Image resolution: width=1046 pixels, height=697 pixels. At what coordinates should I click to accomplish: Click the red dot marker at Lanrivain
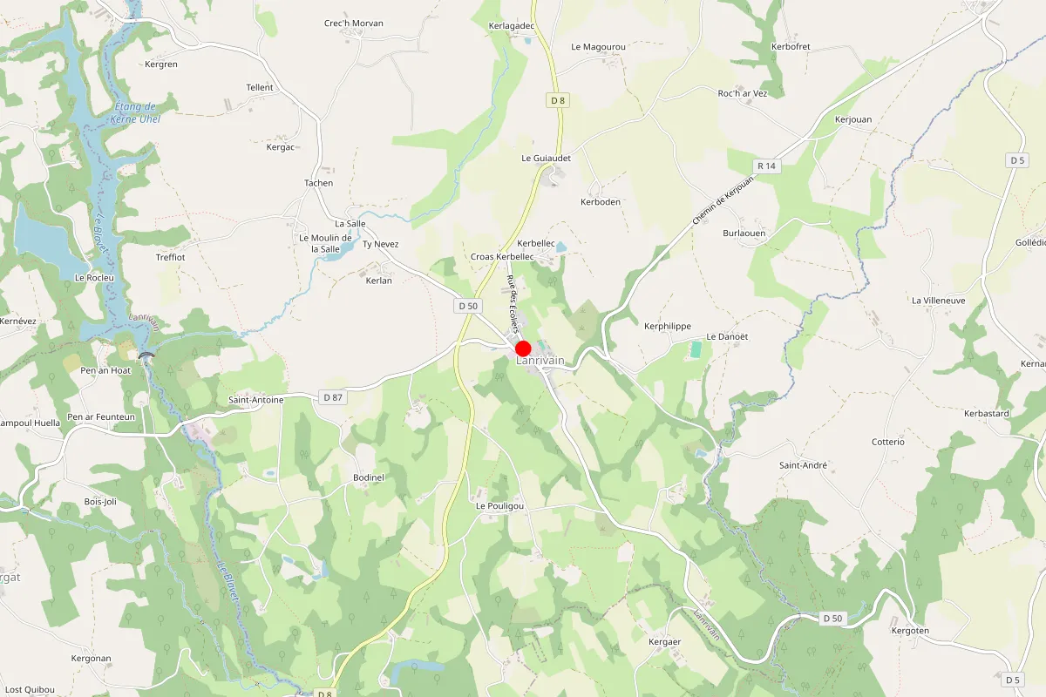(524, 348)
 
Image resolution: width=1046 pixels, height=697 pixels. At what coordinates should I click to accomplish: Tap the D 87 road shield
(332, 397)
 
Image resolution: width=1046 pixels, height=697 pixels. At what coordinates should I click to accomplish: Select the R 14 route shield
(766, 166)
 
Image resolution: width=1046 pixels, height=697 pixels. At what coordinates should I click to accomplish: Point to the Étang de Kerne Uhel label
(137, 112)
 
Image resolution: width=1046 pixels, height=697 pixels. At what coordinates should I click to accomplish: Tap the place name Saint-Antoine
(255, 400)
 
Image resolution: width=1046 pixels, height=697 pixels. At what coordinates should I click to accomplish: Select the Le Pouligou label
(499, 506)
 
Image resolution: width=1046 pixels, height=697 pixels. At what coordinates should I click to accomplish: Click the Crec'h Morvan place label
(354, 24)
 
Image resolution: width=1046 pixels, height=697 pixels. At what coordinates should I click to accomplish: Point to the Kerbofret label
(791, 46)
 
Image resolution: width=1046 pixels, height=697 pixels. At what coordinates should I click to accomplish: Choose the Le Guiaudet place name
(546, 159)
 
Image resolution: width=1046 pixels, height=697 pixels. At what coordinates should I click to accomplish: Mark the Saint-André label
(803, 465)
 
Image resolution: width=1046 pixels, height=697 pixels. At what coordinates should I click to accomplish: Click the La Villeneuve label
(938, 301)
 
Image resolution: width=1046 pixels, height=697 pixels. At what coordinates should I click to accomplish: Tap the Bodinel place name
(369, 478)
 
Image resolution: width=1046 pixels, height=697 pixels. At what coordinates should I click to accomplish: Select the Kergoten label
(910, 630)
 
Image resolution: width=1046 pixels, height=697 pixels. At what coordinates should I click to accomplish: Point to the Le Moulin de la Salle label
(325, 243)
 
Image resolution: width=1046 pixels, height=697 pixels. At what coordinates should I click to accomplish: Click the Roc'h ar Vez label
(742, 93)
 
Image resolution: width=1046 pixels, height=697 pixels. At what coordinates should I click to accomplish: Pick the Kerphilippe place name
(667, 327)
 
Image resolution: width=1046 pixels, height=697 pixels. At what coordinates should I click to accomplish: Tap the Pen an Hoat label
(105, 370)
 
